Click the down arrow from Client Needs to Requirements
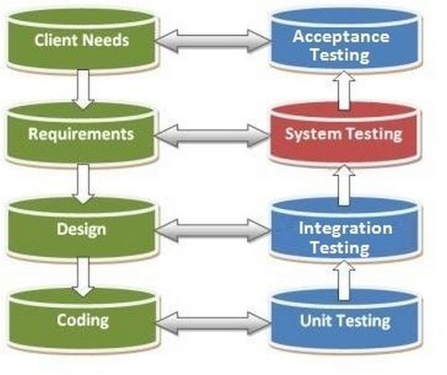coord(83,88)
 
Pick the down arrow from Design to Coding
coord(83,274)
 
